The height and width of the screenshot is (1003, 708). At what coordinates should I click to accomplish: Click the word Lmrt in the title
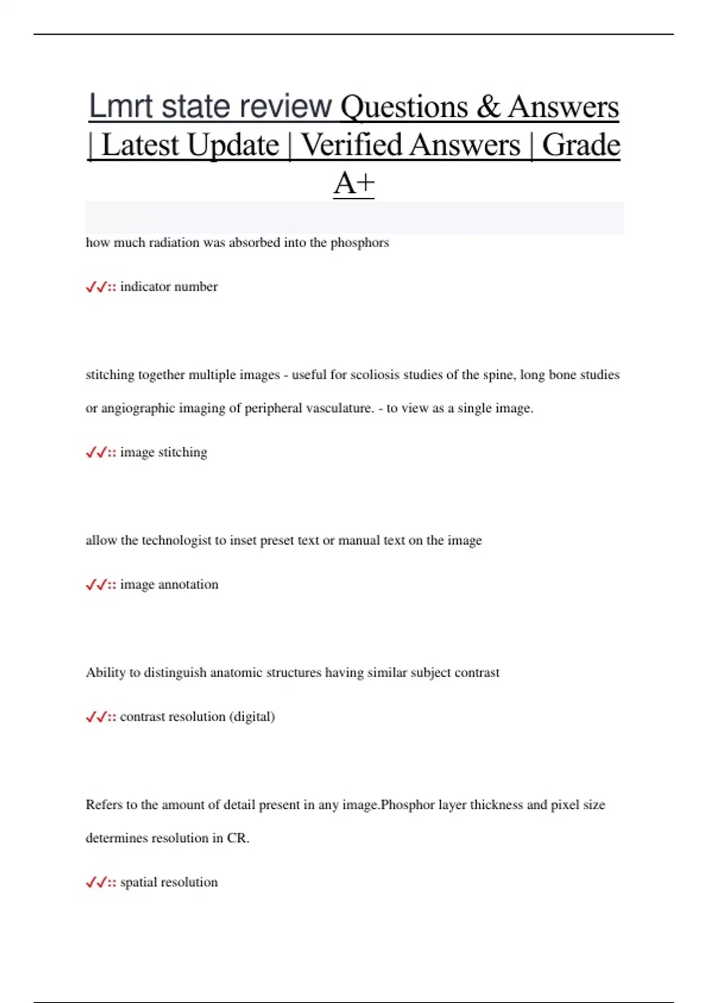(121, 107)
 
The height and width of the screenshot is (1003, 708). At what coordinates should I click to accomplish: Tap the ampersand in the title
(487, 107)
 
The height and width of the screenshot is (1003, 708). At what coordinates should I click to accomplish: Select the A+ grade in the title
(354, 183)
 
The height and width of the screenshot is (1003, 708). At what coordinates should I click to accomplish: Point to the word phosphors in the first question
(359, 242)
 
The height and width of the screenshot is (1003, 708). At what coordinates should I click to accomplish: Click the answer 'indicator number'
(169, 287)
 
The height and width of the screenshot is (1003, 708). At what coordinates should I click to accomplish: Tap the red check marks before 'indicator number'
(96, 287)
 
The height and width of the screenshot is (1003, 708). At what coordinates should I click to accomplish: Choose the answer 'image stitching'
(163, 453)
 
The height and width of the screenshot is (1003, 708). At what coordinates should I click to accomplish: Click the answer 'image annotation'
(169, 585)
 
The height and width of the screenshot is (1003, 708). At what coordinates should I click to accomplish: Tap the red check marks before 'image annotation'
(96, 585)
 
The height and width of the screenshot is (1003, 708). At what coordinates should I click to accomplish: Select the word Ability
(105, 673)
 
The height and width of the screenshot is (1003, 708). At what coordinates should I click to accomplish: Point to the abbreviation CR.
(237, 838)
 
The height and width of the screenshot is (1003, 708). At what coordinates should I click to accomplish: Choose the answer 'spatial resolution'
(169, 883)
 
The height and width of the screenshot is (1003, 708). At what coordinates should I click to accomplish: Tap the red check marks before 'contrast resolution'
(96, 717)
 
